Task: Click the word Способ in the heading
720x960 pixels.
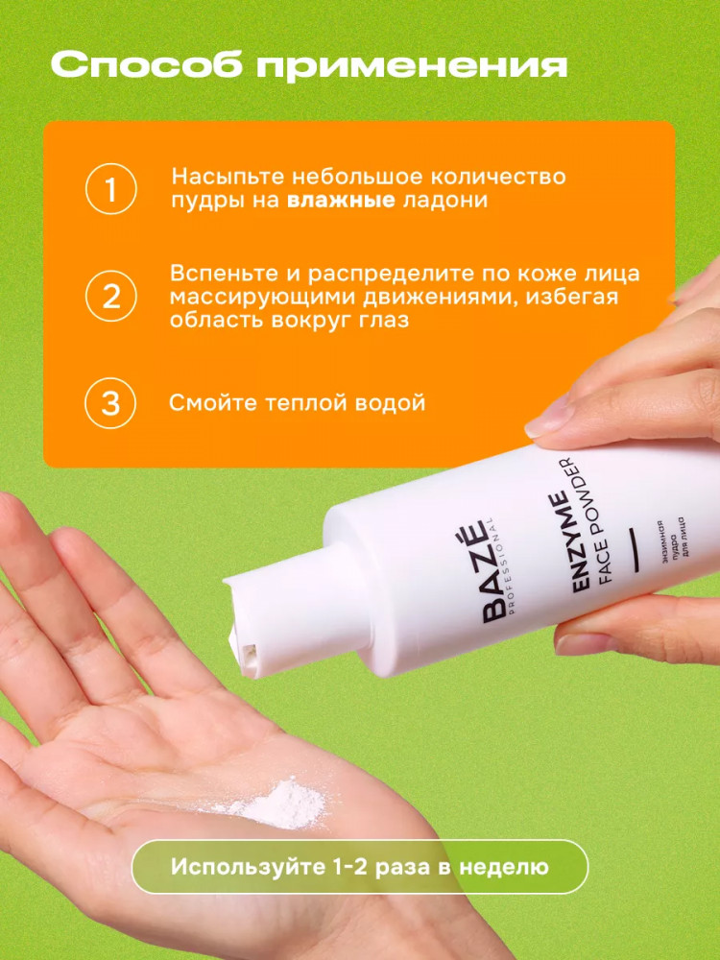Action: point(147,65)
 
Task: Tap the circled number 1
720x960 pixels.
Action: point(110,189)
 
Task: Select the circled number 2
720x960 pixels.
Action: point(110,297)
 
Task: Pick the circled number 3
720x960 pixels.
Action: point(110,403)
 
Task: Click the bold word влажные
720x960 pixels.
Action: point(341,201)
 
